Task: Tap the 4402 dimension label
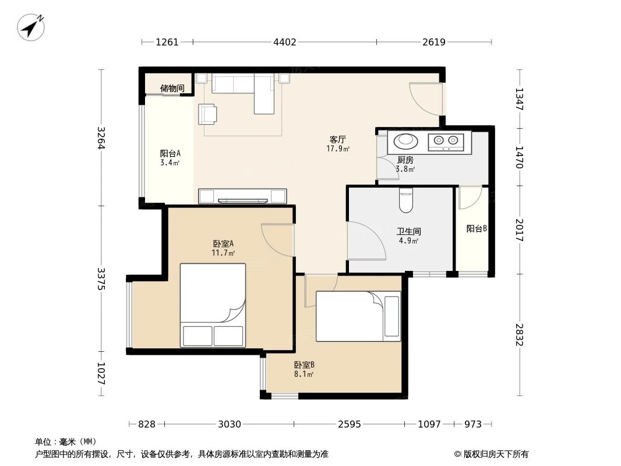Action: click(x=284, y=42)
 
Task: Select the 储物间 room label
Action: click(x=172, y=89)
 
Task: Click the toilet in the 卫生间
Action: click(x=406, y=201)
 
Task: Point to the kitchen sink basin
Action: click(x=404, y=140)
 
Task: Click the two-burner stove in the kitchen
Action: click(x=446, y=141)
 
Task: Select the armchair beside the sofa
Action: click(x=207, y=113)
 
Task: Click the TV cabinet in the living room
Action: click(x=242, y=196)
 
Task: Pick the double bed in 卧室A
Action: click(x=213, y=305)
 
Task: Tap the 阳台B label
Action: click(x=476, y=229)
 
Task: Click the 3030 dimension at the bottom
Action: click(x=230, y=424)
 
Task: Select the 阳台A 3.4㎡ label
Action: click(x=170, y=158)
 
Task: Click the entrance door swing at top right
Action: click(x=425, y=98)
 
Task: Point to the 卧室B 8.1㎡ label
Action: click(x=304, y=369)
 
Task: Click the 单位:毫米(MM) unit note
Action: click(x=65, y=442)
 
